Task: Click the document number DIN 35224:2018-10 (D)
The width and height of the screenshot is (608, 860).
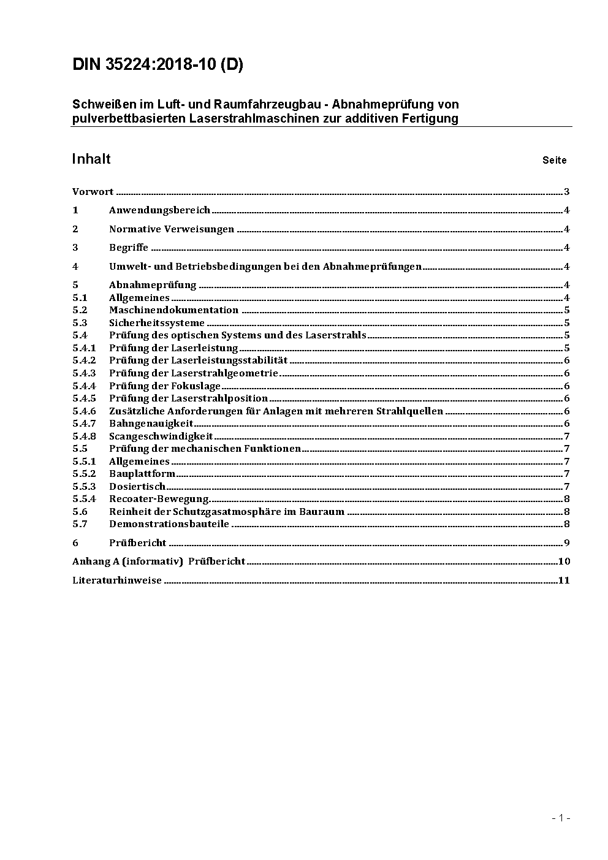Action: click(158, 65)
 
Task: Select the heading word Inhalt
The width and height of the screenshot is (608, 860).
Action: click(91, 159)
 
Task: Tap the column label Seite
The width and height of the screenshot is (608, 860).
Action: click(554, 161)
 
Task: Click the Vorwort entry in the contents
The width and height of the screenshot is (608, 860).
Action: click(93, 192)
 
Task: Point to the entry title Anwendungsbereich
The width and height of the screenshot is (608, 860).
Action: click(159, 210)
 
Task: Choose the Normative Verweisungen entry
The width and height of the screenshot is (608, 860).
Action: click(172, 229)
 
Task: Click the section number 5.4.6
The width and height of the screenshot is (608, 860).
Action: click(84, 411)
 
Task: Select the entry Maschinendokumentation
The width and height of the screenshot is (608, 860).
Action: click(173, 310)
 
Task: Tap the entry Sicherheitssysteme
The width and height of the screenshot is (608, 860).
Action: click(156, 323)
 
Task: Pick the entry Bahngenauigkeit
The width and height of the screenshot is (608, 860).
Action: click(151, 424)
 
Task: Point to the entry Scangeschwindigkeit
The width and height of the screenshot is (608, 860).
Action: click(161, 436)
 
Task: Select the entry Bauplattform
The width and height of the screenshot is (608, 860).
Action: click(142, 474)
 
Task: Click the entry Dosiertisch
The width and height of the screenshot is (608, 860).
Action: click(137, 487)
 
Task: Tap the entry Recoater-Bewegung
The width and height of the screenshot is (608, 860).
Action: click(159, 499)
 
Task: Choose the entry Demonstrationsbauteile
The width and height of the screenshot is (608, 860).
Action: click(169, 524)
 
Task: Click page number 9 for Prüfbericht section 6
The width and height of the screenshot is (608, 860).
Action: click(567, 543)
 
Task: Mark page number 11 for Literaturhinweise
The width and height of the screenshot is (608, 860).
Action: click(564, 580)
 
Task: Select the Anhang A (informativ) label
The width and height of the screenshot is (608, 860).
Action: click(127, 561)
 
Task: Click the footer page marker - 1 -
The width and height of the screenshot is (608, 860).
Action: click(561, 818)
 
